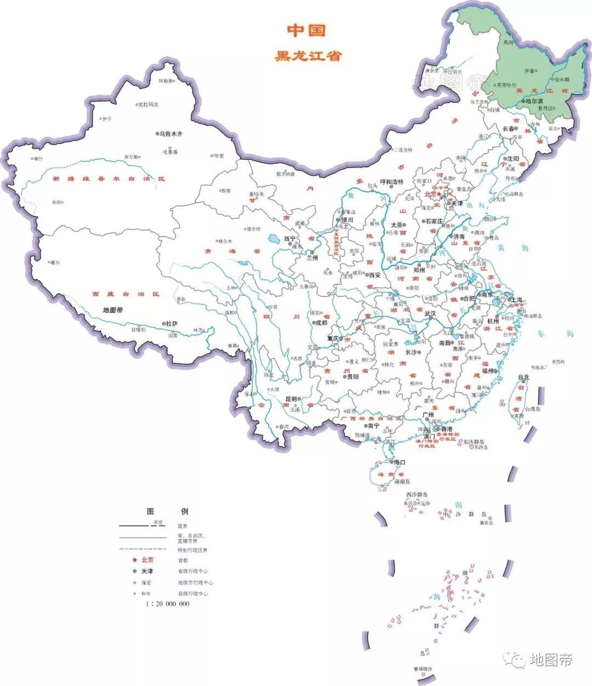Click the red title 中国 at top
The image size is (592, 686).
coord(306,31)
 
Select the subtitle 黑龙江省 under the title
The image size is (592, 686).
coord(309,56)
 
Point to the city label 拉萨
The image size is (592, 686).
coord(172,324)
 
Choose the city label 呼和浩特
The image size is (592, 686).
coord(391,182)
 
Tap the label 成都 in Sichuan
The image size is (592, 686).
coord(321,322)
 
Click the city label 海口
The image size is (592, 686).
coord(400,463)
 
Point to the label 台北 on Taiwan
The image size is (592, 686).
coord(523,377)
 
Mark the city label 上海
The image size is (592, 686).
coord(515,299)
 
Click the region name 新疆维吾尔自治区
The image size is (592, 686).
coord(109,179)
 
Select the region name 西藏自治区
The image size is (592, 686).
coord(126,294)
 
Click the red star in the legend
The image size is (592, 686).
coord(133,560)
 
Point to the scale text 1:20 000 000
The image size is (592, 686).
coord(167,603)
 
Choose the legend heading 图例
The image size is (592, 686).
coord(167,511)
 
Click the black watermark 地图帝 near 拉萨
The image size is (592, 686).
coord(113,310)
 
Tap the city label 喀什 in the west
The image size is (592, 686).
coord(37,158)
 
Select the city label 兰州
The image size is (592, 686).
coord(312,258)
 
